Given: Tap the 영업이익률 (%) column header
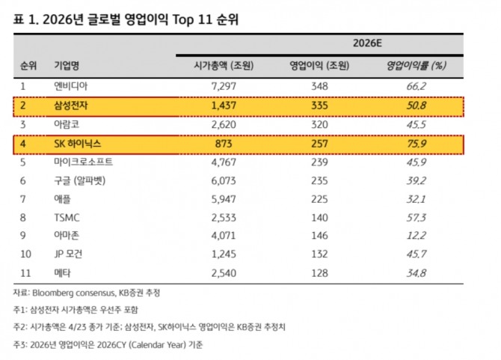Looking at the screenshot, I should click(x=416, y=66).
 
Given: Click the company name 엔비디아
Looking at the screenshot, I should click(x=71, y=86).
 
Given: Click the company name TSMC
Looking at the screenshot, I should click(x=67, y=217).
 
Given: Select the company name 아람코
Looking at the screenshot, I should click(x=67, y=124).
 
